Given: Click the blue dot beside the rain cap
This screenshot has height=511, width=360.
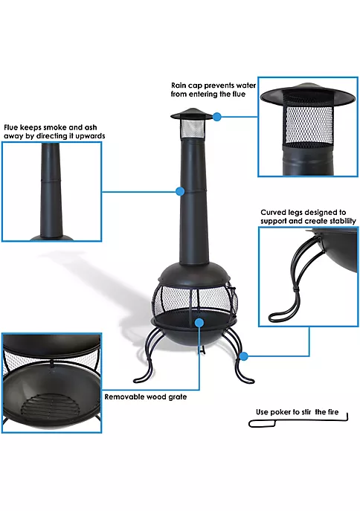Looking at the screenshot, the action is coord(216,116).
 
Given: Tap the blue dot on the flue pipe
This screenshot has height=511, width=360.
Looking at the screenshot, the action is coord(180,191).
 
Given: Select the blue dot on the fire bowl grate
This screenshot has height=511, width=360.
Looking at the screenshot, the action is coord(199,323).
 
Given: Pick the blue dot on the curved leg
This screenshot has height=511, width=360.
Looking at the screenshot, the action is coord(244,356).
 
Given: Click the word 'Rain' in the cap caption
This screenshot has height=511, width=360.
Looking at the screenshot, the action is coord(179,86).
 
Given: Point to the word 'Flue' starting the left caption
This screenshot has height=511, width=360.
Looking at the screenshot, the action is coord(10,127).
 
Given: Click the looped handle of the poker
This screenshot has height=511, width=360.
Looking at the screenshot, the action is coord(263,424).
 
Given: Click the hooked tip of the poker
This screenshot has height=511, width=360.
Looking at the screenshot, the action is coord(347,417).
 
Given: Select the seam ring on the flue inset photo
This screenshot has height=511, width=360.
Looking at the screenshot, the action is coord(51,179).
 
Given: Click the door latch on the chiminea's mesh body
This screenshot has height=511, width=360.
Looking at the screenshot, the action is coord(233,289).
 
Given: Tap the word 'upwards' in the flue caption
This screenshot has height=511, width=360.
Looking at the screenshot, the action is coord(90,136).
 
